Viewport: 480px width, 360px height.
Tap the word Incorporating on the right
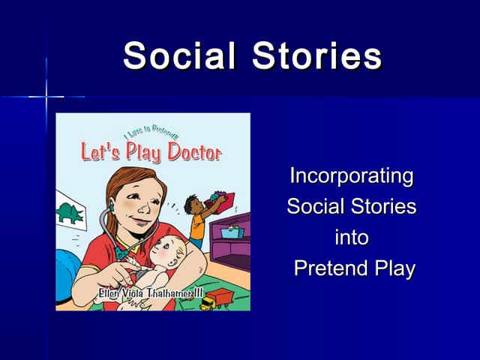(x=351, y=176)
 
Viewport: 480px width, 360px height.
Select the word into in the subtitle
(x=351, y=238)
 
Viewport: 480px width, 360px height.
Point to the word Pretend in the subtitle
(x=327, y=268)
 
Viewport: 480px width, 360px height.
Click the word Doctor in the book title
(x=193, y=153)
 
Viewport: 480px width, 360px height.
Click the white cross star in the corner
(x=46, y=96)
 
